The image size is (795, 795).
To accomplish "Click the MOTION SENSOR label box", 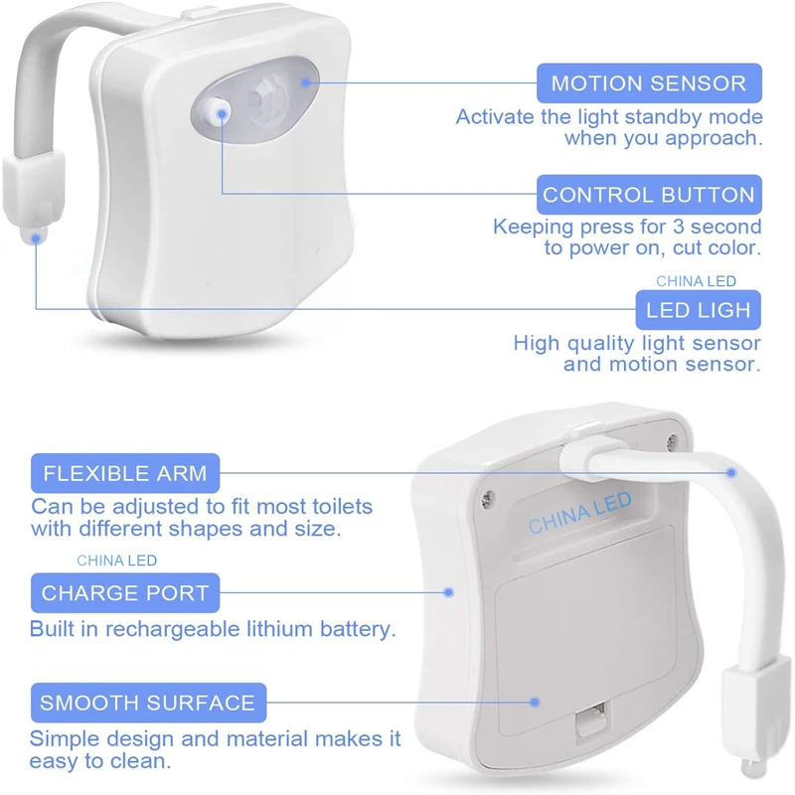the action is point(649,83).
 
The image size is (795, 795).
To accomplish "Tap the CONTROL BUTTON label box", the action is point(649,195).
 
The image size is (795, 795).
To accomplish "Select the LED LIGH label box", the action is point(698,310).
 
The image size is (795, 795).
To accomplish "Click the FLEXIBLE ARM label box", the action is point(125,472).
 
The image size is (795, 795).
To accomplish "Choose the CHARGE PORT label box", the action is point(125,593).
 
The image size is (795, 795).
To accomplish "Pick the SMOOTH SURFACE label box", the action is point(147,703).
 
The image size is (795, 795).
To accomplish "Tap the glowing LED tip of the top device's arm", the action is point(36,236).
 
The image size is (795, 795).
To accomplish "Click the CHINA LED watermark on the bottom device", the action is point(579,513).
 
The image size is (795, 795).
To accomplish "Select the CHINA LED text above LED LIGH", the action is point(696,281).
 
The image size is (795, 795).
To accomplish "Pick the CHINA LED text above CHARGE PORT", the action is point(116,560).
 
